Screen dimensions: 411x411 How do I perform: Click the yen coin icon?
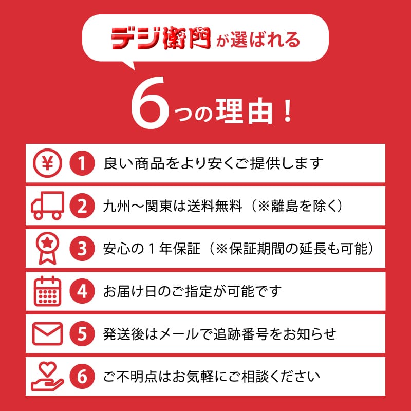(x=47, y=163)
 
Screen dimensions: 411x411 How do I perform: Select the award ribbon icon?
(x=47, y=248)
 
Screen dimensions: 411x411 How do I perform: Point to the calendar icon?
(x=47, y=291)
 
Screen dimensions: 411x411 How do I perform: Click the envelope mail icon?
(x=47, y=333)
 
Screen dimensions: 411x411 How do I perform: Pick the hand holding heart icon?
(x=47, y=377)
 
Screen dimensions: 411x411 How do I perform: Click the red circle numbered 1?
(x=82, y=163)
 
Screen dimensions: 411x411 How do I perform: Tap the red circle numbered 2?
(x=82, y=206)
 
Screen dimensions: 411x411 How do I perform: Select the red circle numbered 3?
(x=82, y=248)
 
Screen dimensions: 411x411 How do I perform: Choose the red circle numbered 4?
(x=82, y=291)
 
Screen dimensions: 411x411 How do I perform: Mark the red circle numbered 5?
(x=82, y=333)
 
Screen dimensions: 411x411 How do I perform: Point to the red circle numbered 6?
(x=82, y=377)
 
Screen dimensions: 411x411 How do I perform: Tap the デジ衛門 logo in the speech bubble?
(x=161, y=38)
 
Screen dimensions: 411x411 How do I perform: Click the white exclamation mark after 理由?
(x=288, y=111)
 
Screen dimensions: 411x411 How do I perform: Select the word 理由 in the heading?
(x=245, y=111)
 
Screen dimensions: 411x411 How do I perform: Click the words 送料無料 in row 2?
(x=214, y=206)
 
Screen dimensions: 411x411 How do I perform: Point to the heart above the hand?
(x=48, y=368)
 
